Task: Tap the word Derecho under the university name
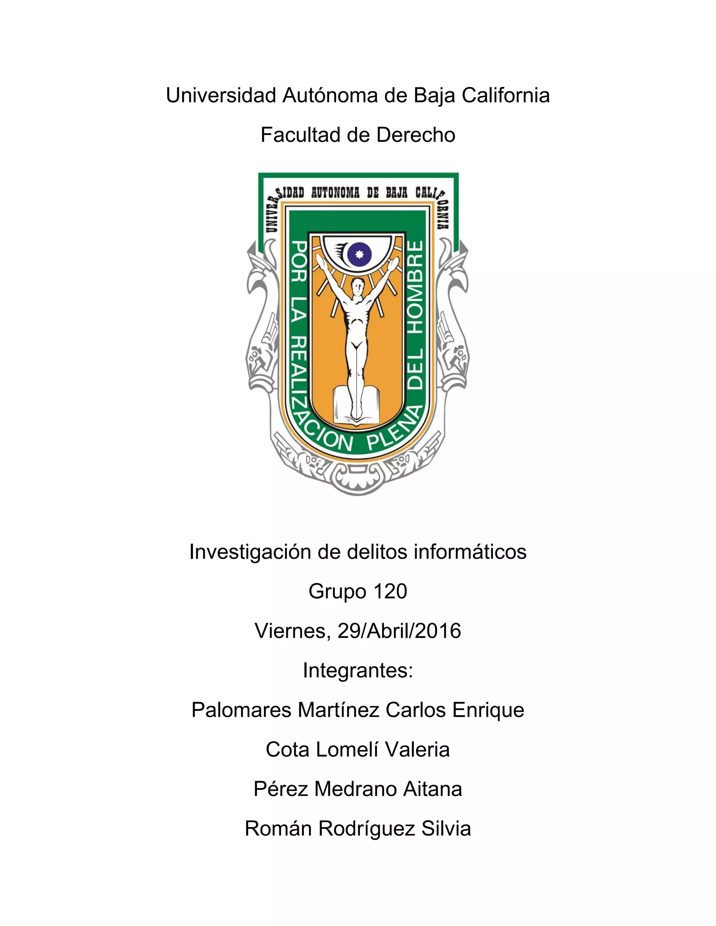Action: click(x=416, y=135)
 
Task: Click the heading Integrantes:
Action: click(x=358, y=670)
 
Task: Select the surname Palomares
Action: click(x=241, y=710)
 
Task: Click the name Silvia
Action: click(x=446, y=829)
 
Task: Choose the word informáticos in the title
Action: click(x=470, y=552)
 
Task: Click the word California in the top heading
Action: click(x=506, y=95)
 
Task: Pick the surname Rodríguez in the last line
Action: click(x=366, y=829)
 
